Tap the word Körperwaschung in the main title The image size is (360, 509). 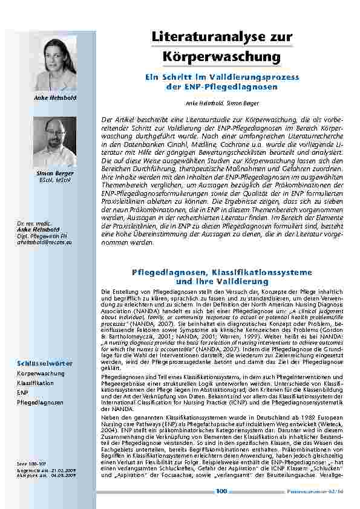pos(222,57)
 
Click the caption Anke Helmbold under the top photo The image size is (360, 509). pos(59,97)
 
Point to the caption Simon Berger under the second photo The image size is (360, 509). pos(59,173)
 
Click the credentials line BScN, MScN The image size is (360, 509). pos(59,180)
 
